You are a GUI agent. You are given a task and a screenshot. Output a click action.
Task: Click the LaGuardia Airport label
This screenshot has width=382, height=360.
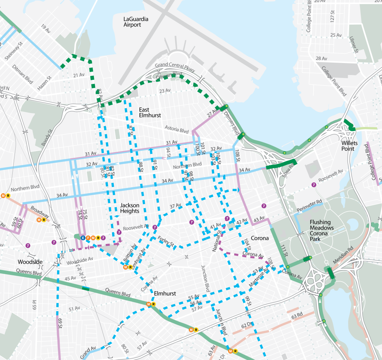(132, 22)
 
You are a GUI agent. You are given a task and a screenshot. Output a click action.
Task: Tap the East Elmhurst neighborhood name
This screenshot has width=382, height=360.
(150, 112)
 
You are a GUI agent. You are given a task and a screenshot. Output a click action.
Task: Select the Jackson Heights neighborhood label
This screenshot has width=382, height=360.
(130, 208)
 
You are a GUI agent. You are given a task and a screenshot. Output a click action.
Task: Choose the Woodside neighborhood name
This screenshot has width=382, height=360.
(30, 262)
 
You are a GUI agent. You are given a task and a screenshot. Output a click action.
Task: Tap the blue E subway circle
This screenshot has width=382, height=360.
(83, 238)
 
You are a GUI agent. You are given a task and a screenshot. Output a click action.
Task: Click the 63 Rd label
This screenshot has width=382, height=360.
(297, 317)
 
